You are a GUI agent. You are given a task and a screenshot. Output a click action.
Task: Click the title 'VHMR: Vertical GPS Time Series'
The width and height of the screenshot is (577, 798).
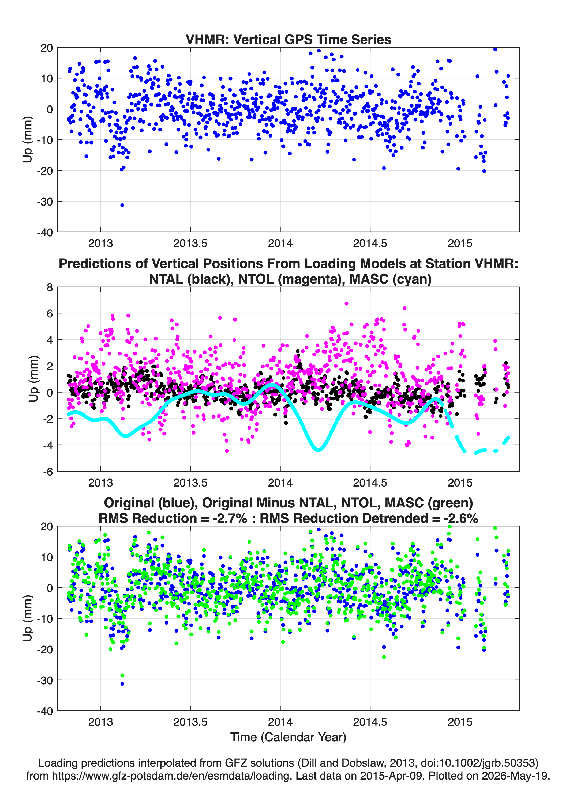[x=288, y=39]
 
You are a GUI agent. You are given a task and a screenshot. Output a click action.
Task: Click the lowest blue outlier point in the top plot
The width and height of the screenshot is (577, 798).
[x=122, y=205]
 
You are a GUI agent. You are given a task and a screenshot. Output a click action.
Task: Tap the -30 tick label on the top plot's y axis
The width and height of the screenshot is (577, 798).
[x=45, y=202]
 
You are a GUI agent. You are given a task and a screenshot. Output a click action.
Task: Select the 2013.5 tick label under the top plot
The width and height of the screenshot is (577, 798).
[x=190, y=243]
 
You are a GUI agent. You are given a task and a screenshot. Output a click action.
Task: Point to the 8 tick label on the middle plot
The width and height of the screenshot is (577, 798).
[x=50, y=287]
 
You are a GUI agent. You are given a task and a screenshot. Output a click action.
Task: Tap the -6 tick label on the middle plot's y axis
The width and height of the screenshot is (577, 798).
[x=48, y=472]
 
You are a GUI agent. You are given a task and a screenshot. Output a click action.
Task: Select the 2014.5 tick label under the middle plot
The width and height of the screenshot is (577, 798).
[x=370, y=483]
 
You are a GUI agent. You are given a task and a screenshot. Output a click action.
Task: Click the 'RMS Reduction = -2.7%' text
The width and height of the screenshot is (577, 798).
[x=173, y=518]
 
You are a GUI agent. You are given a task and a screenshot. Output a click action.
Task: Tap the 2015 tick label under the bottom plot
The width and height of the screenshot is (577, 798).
[x=460, y=722]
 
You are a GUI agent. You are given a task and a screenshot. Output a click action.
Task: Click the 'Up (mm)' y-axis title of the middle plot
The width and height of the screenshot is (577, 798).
[x=33, y=379]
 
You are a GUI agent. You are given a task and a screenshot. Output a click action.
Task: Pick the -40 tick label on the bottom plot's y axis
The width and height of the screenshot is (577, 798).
[x=45, y=711]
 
